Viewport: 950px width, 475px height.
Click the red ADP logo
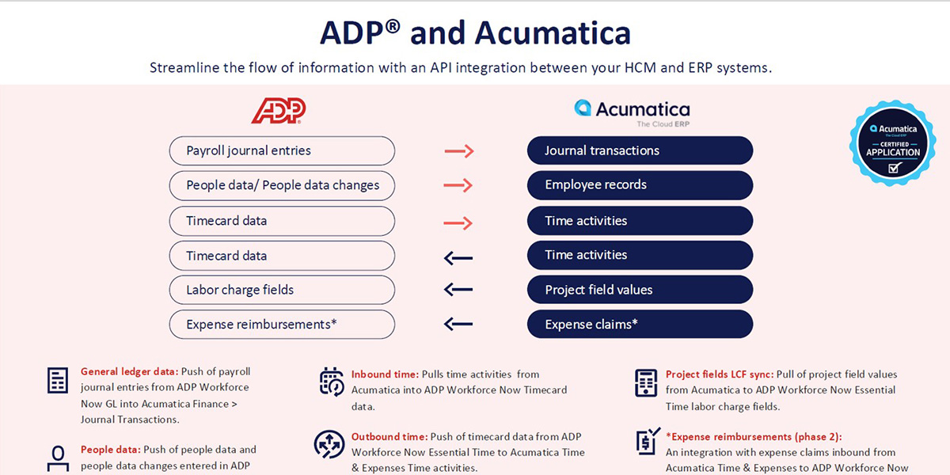click(x=278, y=111)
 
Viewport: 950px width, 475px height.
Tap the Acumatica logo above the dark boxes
click(x=632, y=112)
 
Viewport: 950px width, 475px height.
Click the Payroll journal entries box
click(x=282, y=150)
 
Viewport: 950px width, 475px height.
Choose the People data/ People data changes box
click(x=282, y=185)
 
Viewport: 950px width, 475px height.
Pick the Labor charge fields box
click(x=282, y=290)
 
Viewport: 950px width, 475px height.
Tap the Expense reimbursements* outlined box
click(x=282, y=324)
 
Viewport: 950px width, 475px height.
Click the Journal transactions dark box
click(x=640, y=150)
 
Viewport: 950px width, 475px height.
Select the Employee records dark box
click(x=640, y=185)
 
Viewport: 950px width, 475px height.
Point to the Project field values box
click(x=640, y=290)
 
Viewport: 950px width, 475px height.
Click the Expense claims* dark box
click(x=640, y=324)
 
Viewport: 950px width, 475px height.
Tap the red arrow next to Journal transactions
click(x=458, y=150)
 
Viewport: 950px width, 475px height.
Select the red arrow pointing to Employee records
click(x=458, y=185)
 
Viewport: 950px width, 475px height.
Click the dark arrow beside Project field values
click(x=458, y=290)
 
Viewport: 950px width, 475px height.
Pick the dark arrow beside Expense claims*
click(x=458, y=324)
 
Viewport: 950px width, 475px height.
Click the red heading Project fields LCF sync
click(x=719, y=374)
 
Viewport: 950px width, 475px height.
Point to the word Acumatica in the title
click(x=553, y=33)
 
